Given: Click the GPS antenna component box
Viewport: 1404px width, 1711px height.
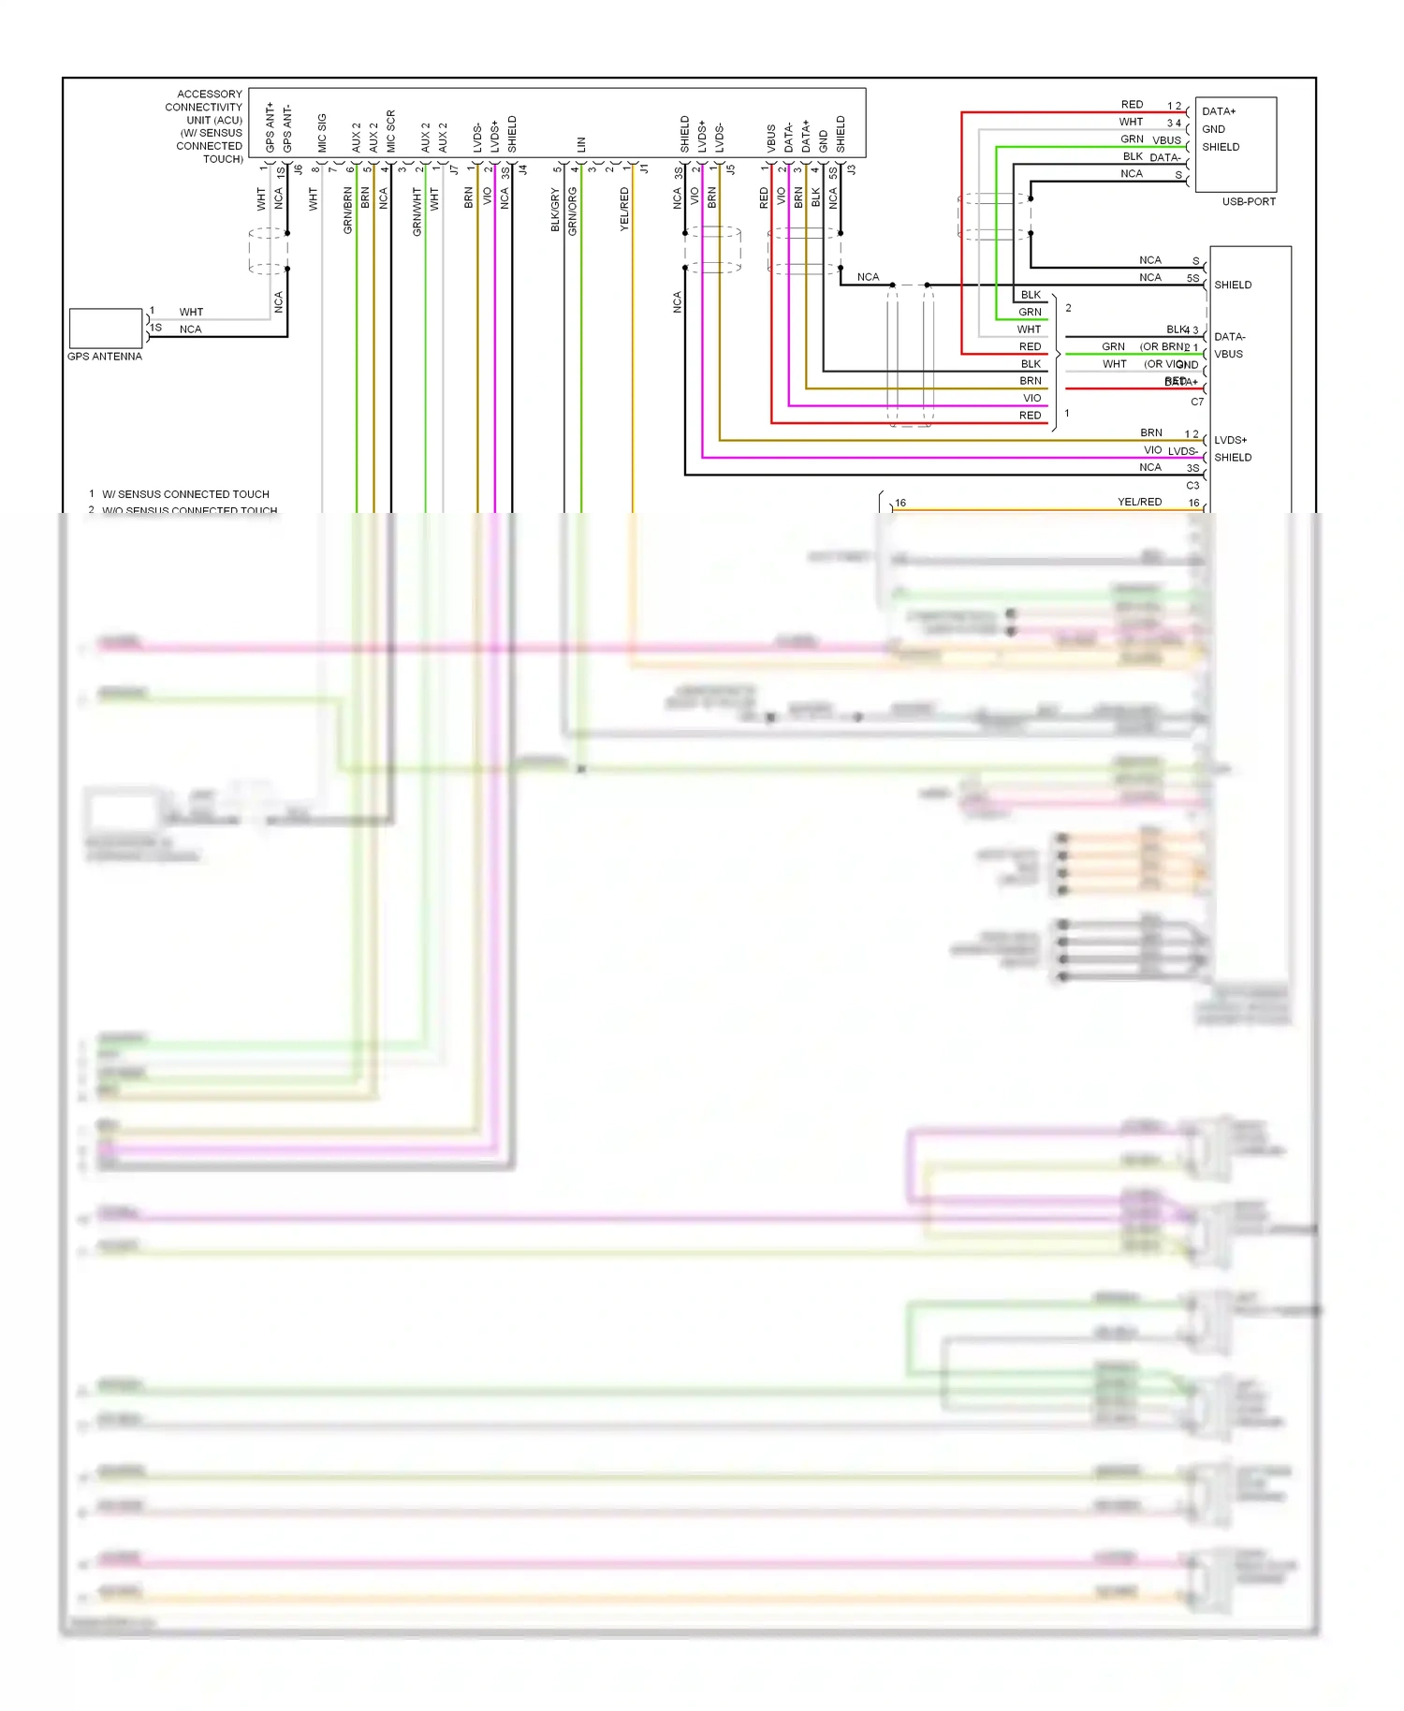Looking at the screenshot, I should click(106, 329).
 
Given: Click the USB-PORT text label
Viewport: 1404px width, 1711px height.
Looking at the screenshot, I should click(1248, 202).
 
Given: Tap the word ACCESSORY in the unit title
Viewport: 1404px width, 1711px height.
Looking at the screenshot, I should click(210, 95).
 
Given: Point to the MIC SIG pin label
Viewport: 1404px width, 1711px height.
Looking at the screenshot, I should click(322, 133).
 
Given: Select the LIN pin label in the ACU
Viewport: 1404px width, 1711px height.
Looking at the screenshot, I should click(581, 144).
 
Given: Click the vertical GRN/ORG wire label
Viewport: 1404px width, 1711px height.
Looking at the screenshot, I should click(573, 212).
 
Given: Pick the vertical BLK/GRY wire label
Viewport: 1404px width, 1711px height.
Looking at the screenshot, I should click(555, 211).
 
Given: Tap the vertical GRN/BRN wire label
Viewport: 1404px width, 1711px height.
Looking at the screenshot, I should click(348, 211).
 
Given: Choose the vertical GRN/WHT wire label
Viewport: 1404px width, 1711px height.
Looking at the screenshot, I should click(417, 212).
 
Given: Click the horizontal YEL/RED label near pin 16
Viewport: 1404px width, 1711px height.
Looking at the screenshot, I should click(1139, 503).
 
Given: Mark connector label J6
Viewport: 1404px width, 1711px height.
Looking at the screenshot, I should click(299, 170).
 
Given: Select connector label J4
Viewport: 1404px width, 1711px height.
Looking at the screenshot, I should click(523, 170).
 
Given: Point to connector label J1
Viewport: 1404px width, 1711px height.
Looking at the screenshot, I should click(644, 170).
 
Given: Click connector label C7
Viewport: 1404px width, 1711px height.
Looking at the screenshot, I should click(1196, 402).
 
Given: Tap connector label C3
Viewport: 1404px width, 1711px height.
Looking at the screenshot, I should click(1192, 486).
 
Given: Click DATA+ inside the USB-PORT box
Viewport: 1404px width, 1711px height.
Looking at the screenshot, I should click(1219, 111).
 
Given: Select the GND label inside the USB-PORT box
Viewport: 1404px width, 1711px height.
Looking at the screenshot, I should click(1213, 129).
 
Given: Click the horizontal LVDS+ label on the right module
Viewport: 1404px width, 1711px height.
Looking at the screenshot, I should click(1230, 440).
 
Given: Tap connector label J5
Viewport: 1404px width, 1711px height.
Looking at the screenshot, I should click(731, 170).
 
